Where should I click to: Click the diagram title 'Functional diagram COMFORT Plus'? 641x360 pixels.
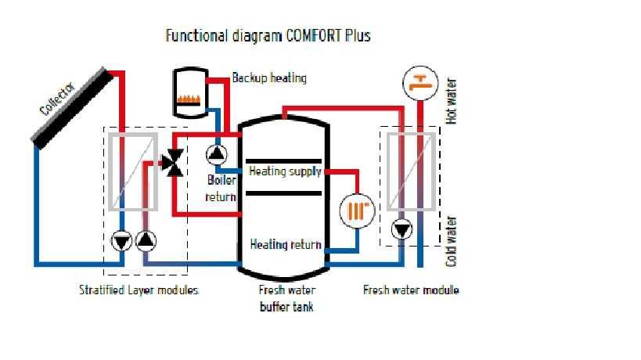268,36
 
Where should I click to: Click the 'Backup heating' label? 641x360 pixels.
269,78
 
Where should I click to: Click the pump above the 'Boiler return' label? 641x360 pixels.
215,153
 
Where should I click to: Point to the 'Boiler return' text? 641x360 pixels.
221,188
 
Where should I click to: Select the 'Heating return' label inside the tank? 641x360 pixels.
285,244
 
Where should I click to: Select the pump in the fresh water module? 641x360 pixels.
402,230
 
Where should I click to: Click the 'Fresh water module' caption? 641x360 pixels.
411,290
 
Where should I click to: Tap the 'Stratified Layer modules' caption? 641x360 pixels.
139,290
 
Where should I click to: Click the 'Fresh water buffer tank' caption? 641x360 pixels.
286,298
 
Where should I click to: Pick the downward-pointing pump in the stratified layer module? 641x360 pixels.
121,240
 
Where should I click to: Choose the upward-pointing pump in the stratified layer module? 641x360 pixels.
146,240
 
